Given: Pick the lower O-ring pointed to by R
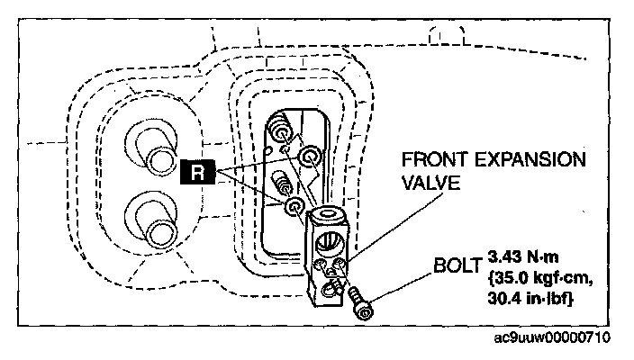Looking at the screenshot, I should tap(294, 208).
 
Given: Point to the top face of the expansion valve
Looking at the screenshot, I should tap(325, 219).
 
